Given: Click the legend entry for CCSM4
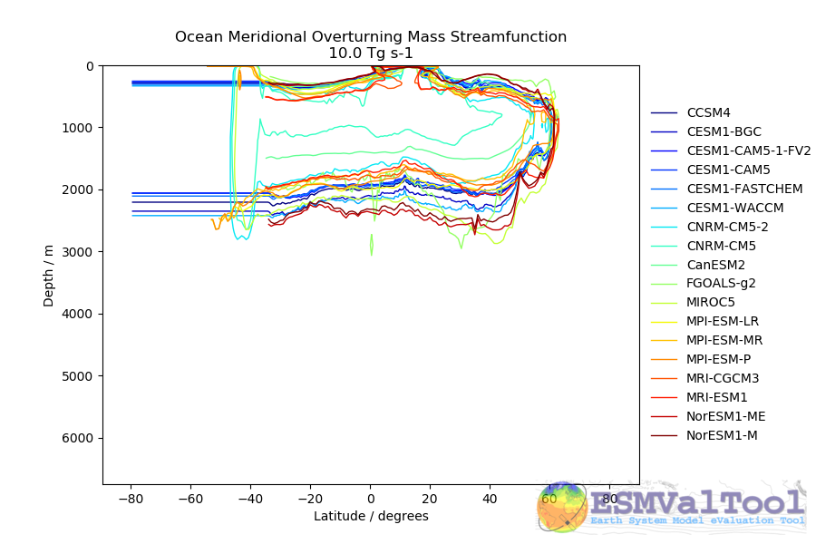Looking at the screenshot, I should [x=709, y=112].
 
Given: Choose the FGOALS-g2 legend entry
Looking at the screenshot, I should [x=722, y=283].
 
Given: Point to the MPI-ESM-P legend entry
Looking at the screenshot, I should [x=725, y=359].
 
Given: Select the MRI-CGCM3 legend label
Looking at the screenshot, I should [x=724, y=378].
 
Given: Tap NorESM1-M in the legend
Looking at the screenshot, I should [x=723, y=435].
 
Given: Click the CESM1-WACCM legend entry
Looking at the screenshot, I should [x=735, y=208].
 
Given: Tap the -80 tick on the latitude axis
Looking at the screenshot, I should [x=132, y=499].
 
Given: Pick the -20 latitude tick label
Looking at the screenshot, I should [x=310, y=499].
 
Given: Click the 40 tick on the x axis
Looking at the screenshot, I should [x=490, y=499].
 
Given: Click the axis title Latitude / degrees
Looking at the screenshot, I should [x=371, y=516].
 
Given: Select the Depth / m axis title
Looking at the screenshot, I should [x=49, y=274].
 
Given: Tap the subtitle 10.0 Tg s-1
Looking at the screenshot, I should [x=371, y=53].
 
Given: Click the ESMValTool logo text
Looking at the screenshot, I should [x=696, y=503].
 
